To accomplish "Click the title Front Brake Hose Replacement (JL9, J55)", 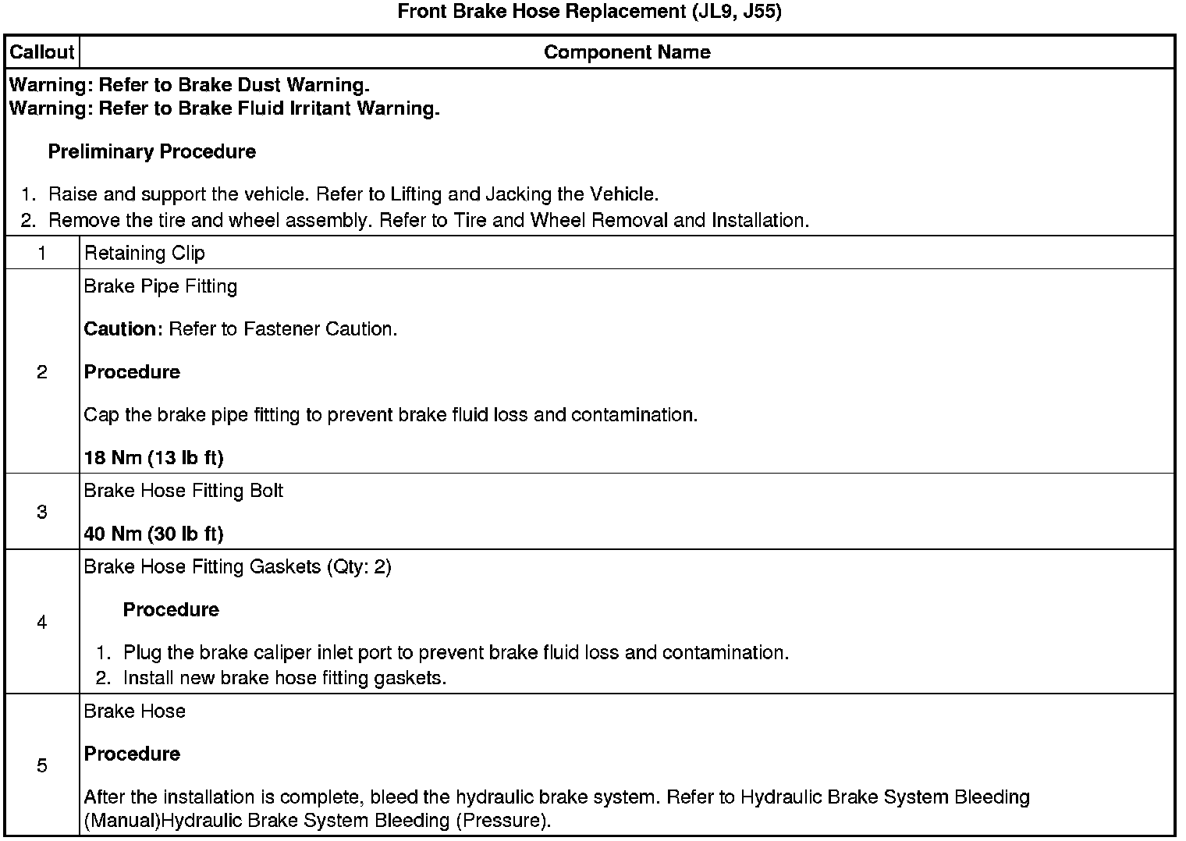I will [589, 12].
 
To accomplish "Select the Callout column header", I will [41, 52].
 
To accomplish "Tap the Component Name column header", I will [627, 52].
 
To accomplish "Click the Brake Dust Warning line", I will [189, 84].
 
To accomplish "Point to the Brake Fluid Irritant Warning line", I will [224, 108].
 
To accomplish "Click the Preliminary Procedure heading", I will [152, 151].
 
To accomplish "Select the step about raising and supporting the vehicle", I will [353, 193].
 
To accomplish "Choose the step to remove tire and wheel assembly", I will [428, 220].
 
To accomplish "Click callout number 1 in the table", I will [41, 253].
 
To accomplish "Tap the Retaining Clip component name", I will [144, 253].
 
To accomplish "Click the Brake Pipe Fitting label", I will [160, 286].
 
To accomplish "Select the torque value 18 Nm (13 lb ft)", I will [154, 457].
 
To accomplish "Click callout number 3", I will [41, 512].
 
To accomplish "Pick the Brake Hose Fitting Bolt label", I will [183, 491].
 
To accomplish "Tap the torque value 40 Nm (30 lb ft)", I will [154, 534].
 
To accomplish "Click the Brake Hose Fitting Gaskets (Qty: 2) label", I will [237, 566].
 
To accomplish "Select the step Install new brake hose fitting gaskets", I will [285, 678].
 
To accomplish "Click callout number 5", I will [41, 765].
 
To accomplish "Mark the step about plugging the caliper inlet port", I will [456, 652].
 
